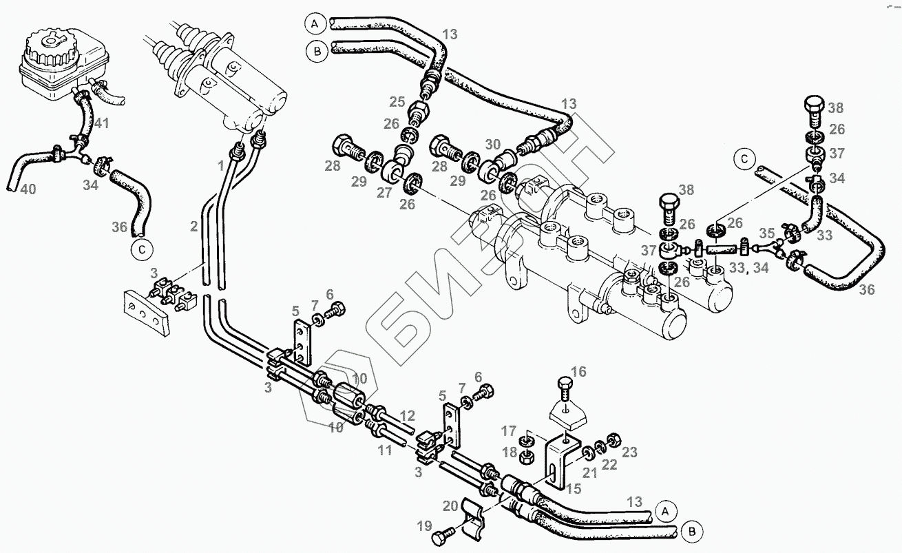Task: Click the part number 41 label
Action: click(102, 125)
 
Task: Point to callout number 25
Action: click(396, 102)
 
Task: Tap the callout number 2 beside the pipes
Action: click(194, 225)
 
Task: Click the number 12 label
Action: click(408, 415)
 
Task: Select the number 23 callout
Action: click(629, 452)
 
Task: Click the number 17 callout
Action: click(509, 432)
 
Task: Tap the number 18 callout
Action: click(509, 451)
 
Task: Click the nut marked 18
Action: click(527, 455)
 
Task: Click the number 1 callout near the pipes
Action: click(221, 165)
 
